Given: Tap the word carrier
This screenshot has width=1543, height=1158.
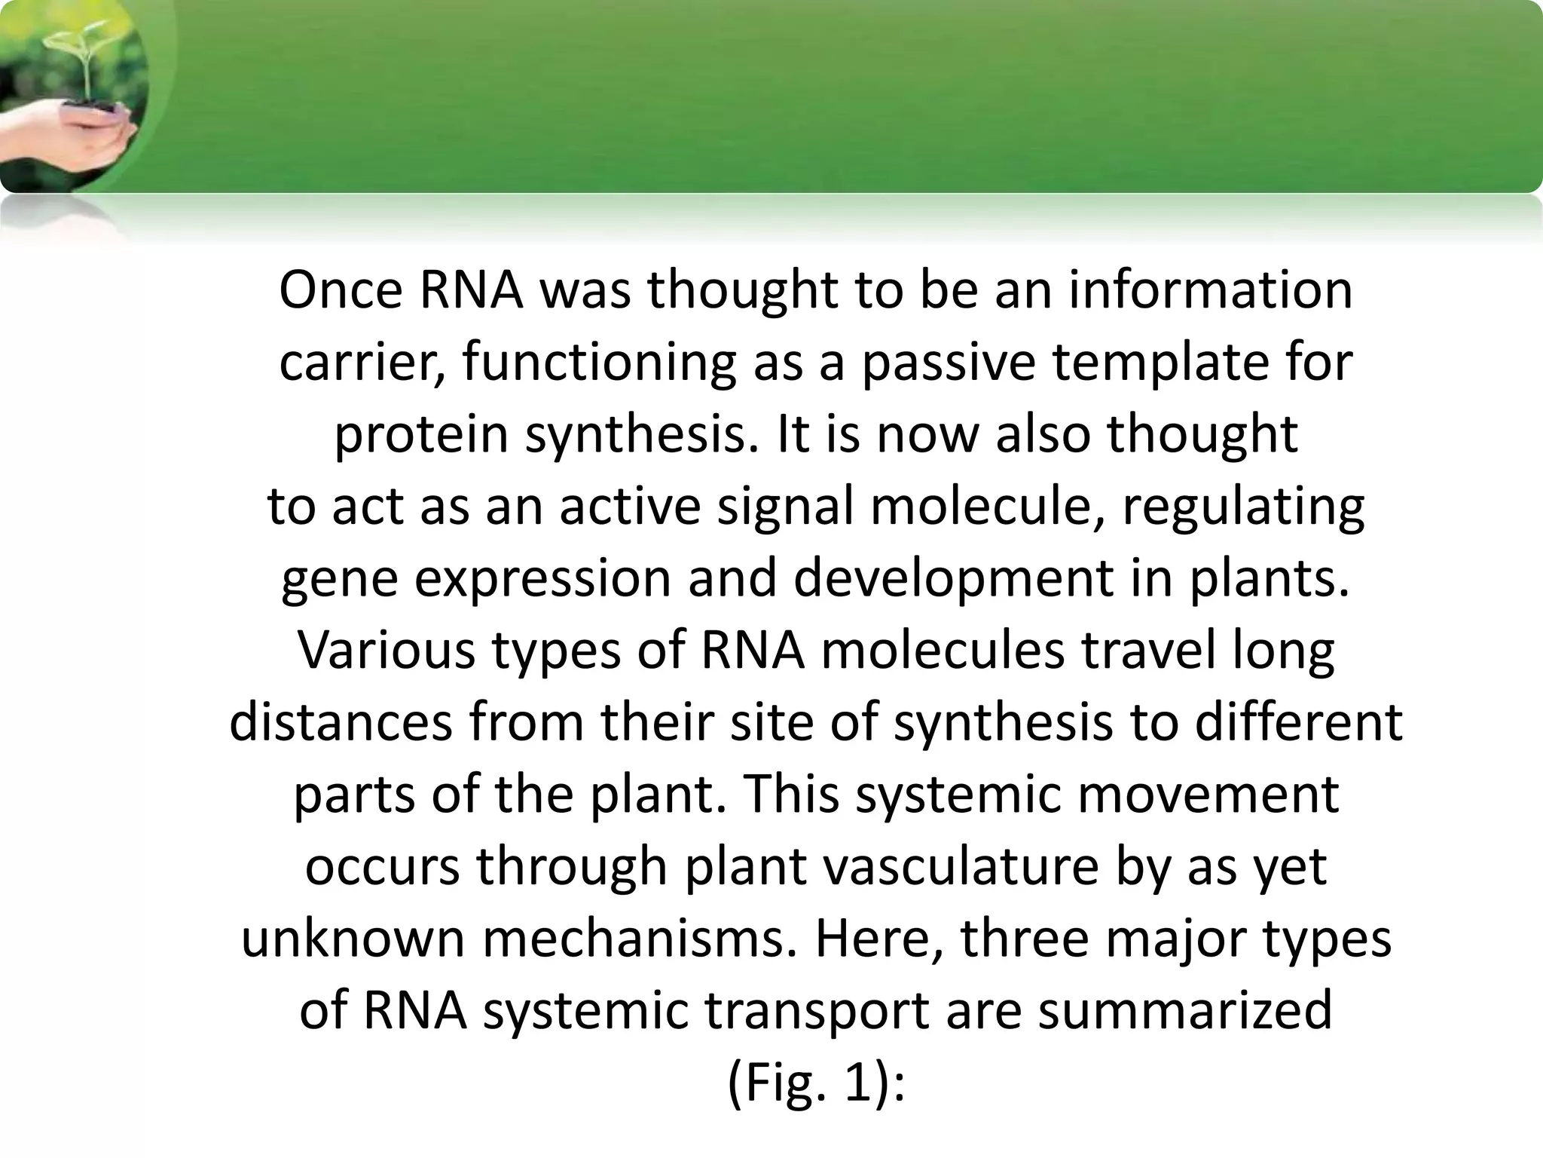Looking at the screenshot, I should coord(362,363).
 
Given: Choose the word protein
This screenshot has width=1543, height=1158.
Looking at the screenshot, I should coord(422,435).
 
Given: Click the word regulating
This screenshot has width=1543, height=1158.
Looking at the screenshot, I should coord(1243,507).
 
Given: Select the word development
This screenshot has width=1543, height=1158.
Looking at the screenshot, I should coord(954,579).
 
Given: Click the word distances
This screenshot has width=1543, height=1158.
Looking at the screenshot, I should coord(341,722).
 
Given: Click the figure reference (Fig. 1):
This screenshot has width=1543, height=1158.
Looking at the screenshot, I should coord(815,1083).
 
